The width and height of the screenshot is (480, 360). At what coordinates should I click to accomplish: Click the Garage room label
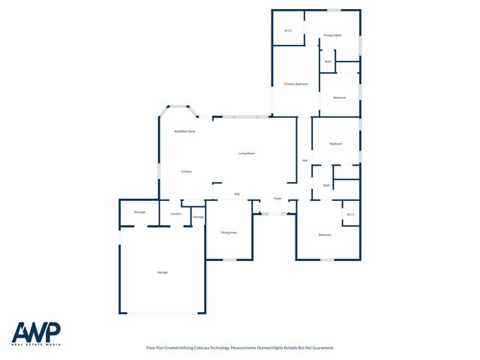tap(162, 271)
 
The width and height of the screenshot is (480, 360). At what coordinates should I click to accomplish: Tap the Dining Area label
tap(229, 232)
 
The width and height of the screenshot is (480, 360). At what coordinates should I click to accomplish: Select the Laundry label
tap(175, 214)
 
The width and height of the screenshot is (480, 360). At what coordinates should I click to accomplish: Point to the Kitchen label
tap(187, 172)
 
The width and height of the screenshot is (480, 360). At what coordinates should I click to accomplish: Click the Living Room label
tap(247, 154)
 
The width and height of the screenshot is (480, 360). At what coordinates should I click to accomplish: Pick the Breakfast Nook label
tap(184, 131)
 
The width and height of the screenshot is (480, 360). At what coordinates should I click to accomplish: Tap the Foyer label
tap(277, 199)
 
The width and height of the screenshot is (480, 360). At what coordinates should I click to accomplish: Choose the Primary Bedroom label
tap(296, 84)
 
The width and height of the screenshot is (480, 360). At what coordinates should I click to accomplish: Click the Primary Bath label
tap(333, 35)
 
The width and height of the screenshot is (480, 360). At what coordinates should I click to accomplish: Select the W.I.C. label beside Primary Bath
tap(288, 31)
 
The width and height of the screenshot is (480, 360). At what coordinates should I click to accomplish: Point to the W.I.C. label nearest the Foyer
tap(350, 215)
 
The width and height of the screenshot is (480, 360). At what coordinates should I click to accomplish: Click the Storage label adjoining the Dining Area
tap(198, 217)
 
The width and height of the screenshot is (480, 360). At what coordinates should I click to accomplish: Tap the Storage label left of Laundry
tap(139, 212)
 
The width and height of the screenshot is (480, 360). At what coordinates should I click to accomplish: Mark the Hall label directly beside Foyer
tap(237, 194)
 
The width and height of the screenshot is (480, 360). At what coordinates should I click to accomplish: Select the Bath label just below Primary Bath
tap(328, 61)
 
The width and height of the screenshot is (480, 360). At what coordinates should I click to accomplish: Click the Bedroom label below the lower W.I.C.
tap(325, 235)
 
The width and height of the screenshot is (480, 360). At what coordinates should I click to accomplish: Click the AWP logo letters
tap(36, 331)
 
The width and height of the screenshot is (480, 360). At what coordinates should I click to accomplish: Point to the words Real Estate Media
tap(36, 345)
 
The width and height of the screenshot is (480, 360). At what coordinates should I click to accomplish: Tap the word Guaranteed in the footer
tap(321, 348)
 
